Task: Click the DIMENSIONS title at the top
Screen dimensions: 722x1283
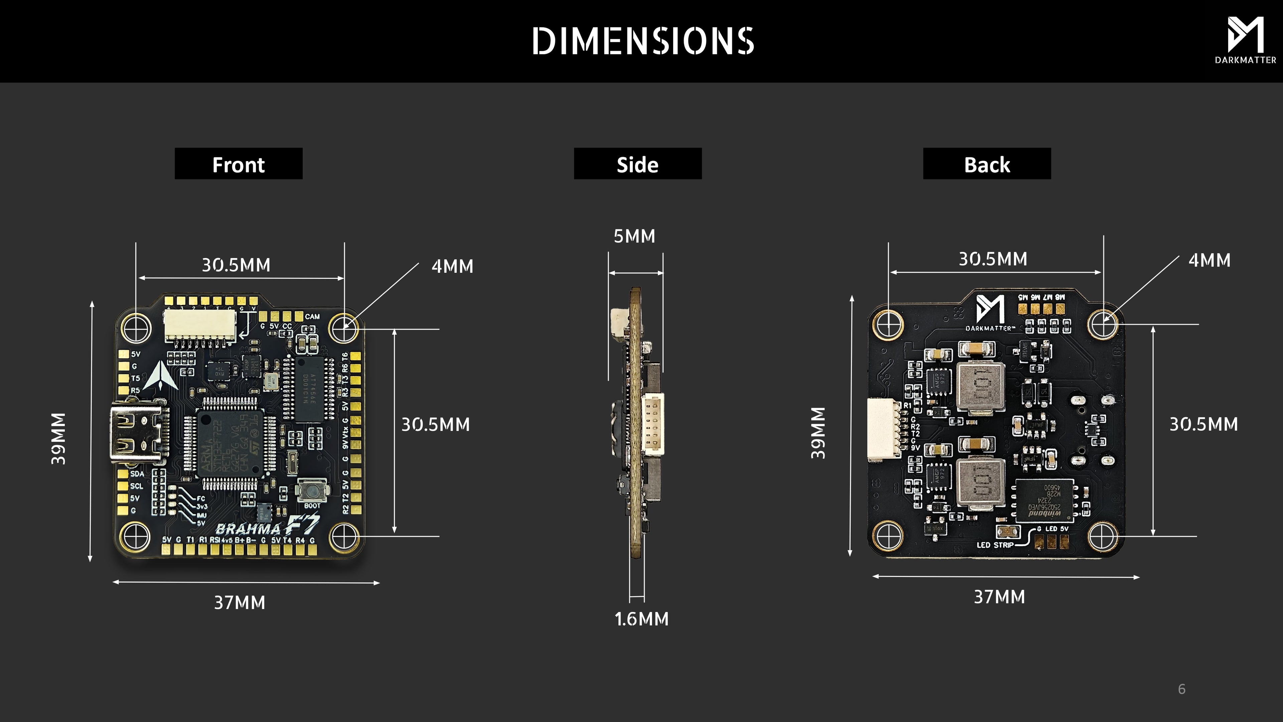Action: point(643,41)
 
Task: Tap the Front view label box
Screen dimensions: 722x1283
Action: point(239,164)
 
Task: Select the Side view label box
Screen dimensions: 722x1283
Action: point(637,164)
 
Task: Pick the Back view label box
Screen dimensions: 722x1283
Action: point(987,164)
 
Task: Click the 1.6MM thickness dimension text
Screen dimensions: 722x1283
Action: point(641,619)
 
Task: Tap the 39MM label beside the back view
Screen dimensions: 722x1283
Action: point(818,433)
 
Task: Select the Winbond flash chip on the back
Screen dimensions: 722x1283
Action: point(1044,500)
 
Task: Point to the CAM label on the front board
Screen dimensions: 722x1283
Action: point(312,317)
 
